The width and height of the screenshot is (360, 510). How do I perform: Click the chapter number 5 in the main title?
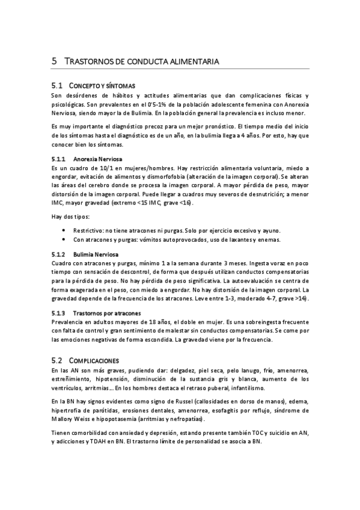pos(54,61)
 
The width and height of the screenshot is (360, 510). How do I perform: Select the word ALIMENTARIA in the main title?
pos(194,62)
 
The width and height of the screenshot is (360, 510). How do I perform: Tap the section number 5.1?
pos(58,86)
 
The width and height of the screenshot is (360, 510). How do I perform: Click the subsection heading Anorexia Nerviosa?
pos(97,159)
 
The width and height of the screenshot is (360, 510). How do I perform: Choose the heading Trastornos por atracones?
pos(107,313)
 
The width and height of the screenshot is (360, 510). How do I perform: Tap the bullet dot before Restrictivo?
pos(65,231)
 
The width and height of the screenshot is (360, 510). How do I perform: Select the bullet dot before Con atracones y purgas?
pos(65,240)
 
